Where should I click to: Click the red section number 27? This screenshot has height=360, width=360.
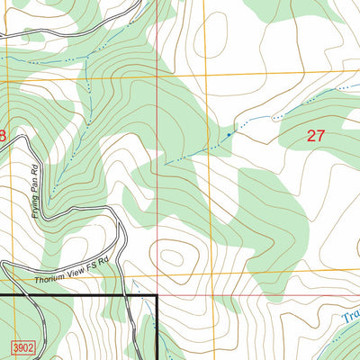(x=315, y=136)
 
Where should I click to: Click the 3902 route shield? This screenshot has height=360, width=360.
(x=23, y=346)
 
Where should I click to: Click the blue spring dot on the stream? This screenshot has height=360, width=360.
(x=229, y=135)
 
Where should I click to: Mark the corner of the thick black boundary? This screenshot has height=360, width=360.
(x=157, y=295)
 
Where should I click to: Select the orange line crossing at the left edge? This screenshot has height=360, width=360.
(x=1, y=81)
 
